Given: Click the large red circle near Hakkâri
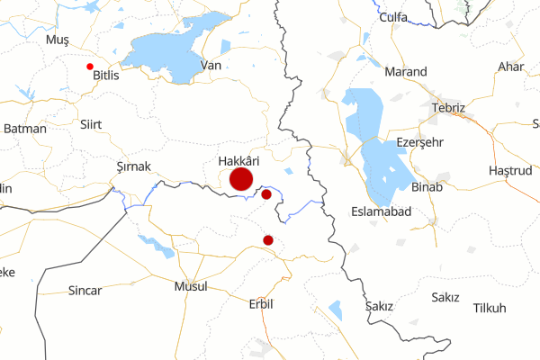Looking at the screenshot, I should (240, 179).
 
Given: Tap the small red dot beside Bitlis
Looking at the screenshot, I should (89, 67).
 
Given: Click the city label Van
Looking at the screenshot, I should (211, 65).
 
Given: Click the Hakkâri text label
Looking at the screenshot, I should (238, 161).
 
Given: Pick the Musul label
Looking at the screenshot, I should (190, 286).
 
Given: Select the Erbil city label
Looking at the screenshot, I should (260, 303).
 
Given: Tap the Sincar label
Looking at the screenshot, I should (85, 291).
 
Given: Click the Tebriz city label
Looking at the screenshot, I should (448, 108).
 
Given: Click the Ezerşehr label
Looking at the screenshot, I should (420, 143).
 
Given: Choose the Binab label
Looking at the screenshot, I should (426, 187).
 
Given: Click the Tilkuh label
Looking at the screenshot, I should (490, 309).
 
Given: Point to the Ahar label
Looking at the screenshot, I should (510, 67).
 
